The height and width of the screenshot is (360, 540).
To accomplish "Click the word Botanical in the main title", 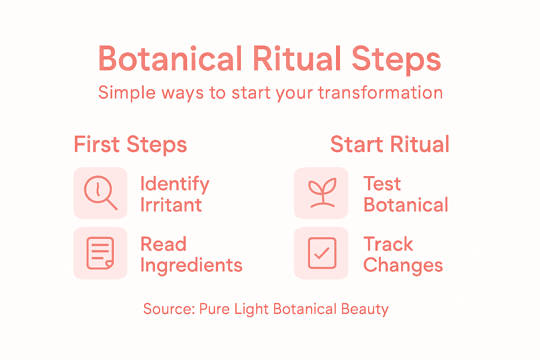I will point(170,59).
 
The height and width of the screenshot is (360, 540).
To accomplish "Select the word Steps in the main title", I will point(396,60).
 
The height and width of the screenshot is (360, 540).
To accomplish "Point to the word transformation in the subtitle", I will point(380,93).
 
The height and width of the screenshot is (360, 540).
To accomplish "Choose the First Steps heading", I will point(130,144).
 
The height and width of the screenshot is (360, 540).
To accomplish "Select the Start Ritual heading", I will point(390,144).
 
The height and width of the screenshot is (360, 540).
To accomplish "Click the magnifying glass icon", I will point(100,193).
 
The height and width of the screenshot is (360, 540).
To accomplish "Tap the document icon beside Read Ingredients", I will point(100,253).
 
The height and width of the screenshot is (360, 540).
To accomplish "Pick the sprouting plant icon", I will point(322,193).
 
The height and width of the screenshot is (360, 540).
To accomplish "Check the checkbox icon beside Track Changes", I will point(322,253).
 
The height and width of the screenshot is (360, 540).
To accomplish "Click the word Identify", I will point(175,184).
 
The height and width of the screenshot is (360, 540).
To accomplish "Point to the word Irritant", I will point(171,205).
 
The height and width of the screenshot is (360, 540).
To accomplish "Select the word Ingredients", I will point(191,265).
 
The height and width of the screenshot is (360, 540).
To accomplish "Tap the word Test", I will point(382,184).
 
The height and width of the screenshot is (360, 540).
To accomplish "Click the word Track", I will point(388,244).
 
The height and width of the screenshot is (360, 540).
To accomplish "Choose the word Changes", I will point(403,265).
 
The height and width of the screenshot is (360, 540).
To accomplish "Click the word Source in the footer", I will point(169,309).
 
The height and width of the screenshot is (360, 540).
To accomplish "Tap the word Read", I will point(163,244).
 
